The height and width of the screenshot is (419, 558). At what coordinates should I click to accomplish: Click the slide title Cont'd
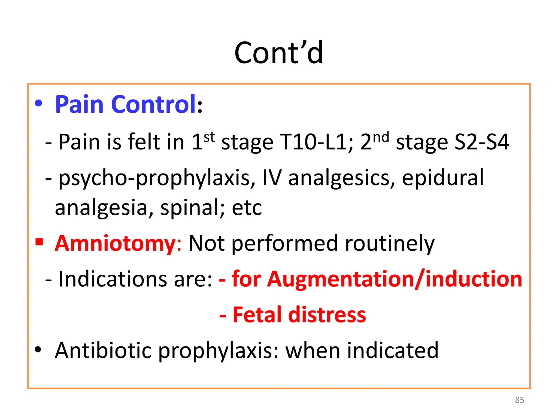pos(278,53)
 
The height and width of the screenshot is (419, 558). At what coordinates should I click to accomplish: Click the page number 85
pos(519,400)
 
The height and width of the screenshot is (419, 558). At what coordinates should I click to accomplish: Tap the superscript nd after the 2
pos(381,137)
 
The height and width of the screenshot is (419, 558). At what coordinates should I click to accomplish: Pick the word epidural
pos(443,178)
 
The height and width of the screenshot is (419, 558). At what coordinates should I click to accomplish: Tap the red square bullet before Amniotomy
pos(39,242)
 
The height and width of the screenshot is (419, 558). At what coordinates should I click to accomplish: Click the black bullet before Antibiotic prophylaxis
pos(38,349)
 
